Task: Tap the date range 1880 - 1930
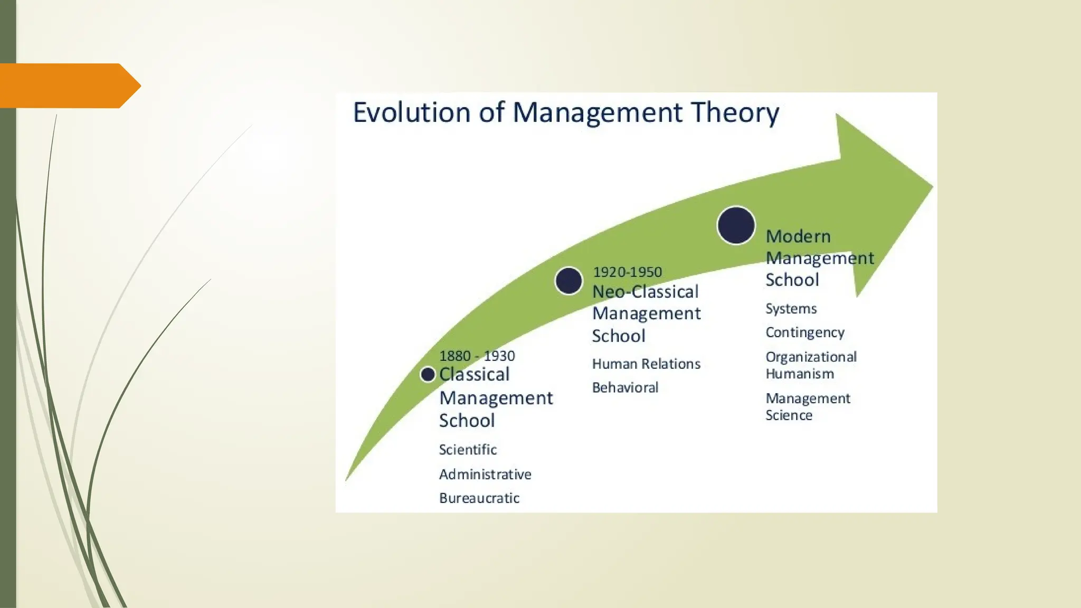[x=477, y=356]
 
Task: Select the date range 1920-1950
[x=627, y=272]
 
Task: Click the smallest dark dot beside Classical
[x=428, y=375]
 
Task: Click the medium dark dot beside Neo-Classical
[x=568, y=281]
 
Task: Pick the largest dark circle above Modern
[x=736, y=225]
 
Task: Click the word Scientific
[x=468, y=450]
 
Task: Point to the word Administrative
[x=485, y=474]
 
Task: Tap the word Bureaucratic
[x=479, y=498]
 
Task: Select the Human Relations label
[x=646, y=364]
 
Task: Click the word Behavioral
[x=625, y=387]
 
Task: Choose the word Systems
[x=791, y=309]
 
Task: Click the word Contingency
[x=804, y=332]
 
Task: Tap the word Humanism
[x=799, y=374]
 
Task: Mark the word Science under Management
[x=789, y=415]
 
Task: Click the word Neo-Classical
[x=645, y=291]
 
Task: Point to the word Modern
[x=798, y=236]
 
